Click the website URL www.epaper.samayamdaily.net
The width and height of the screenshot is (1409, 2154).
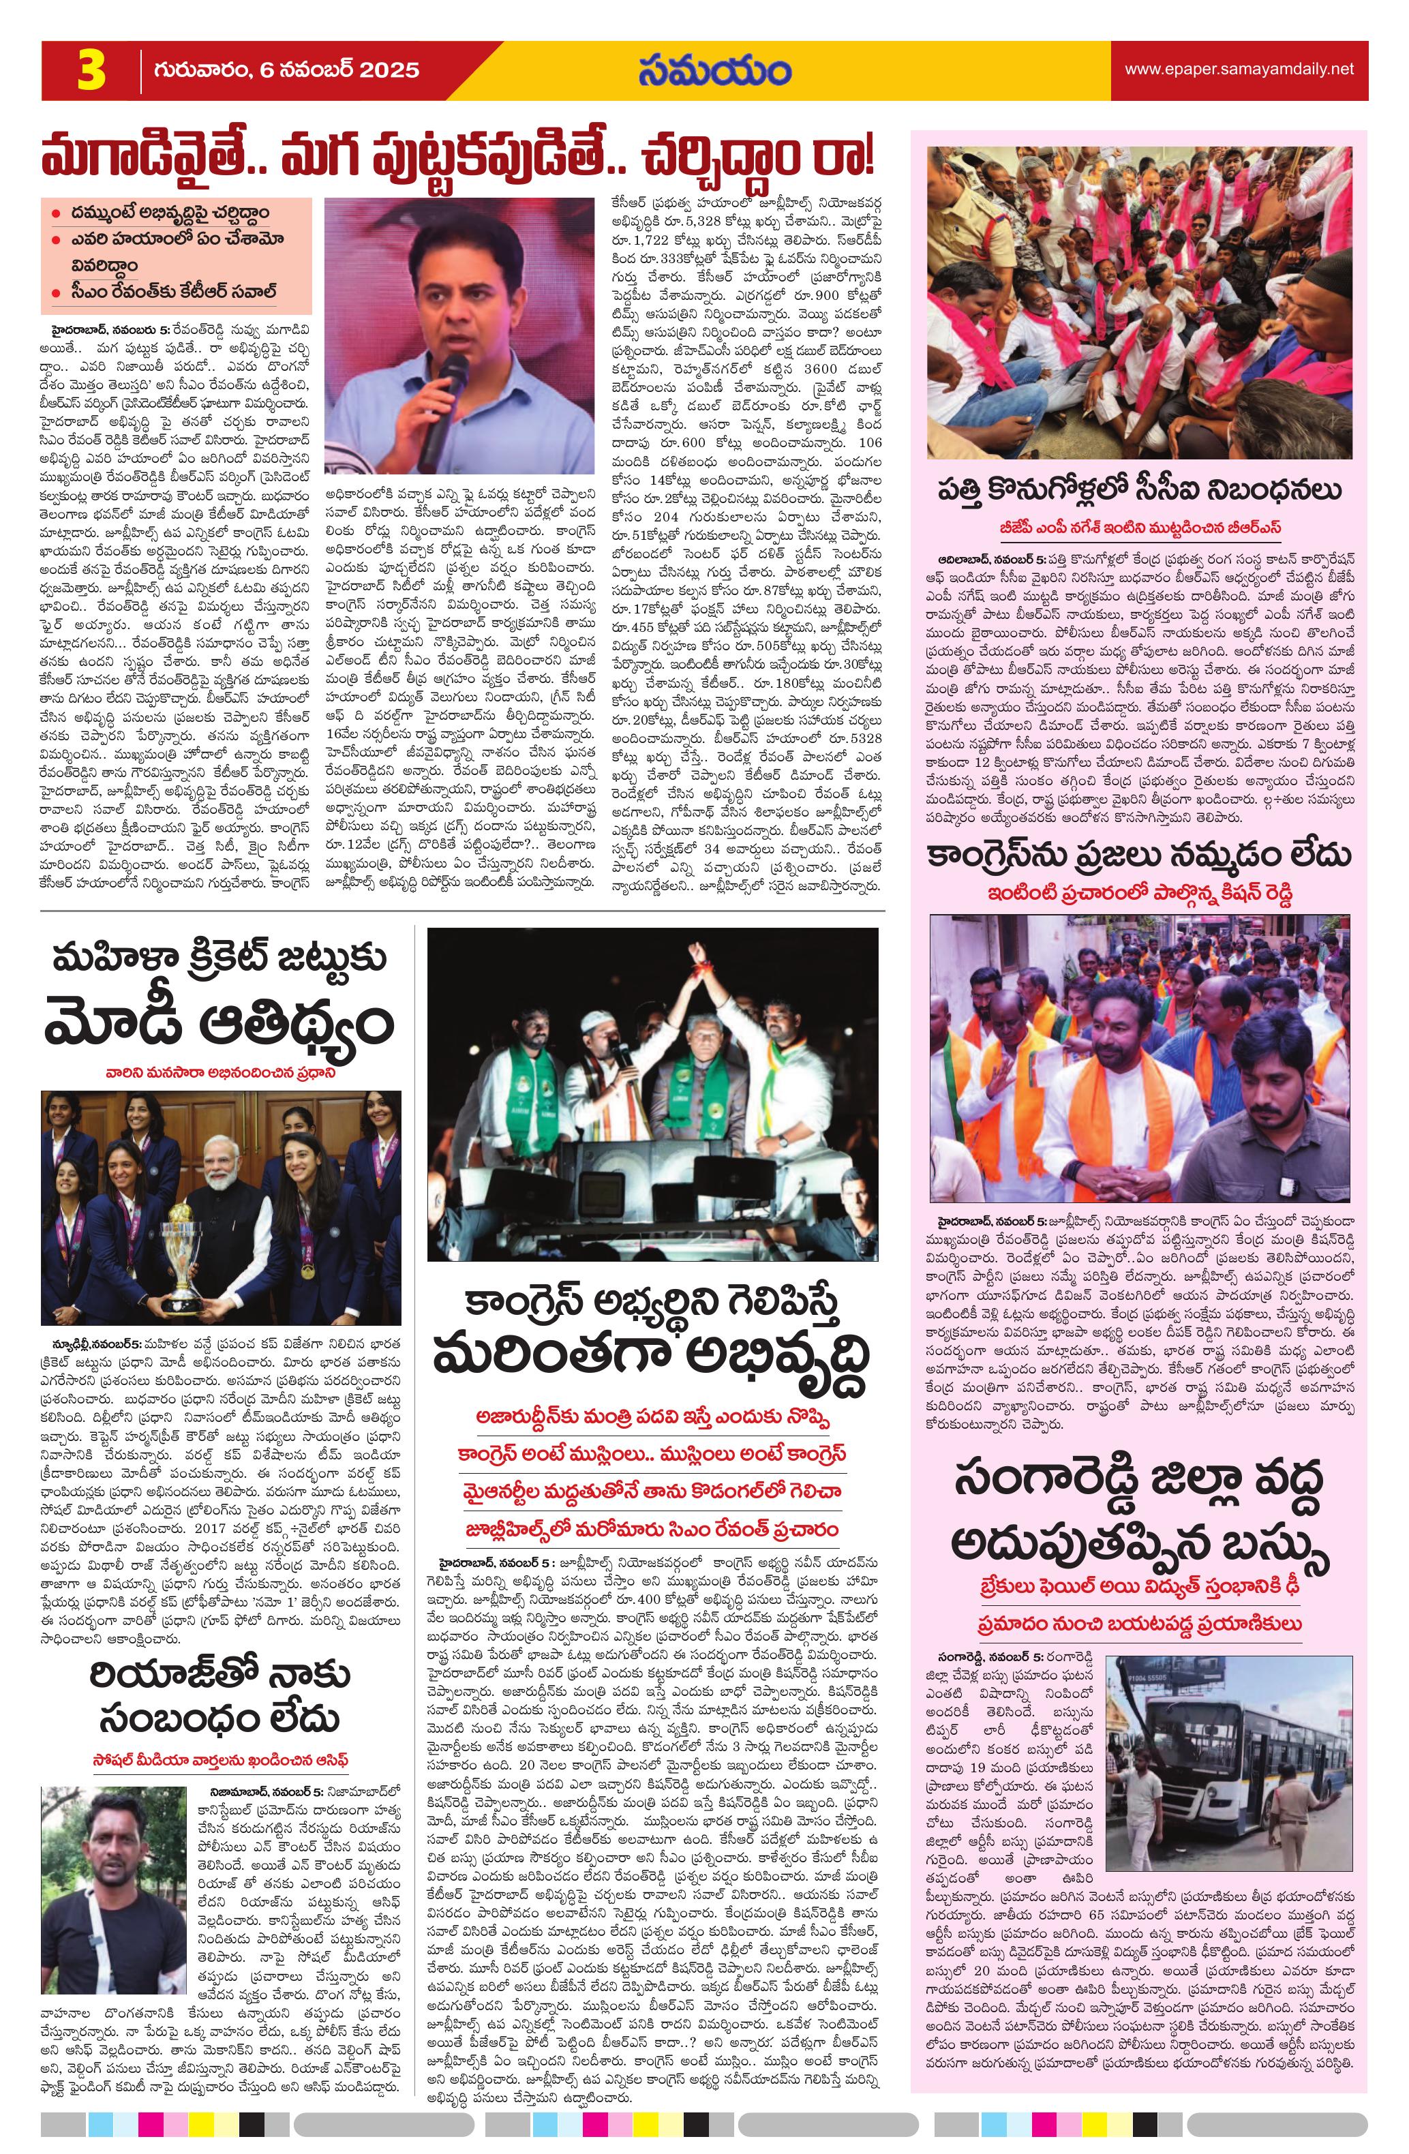pyautogui.click(x=1239, y=69)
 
